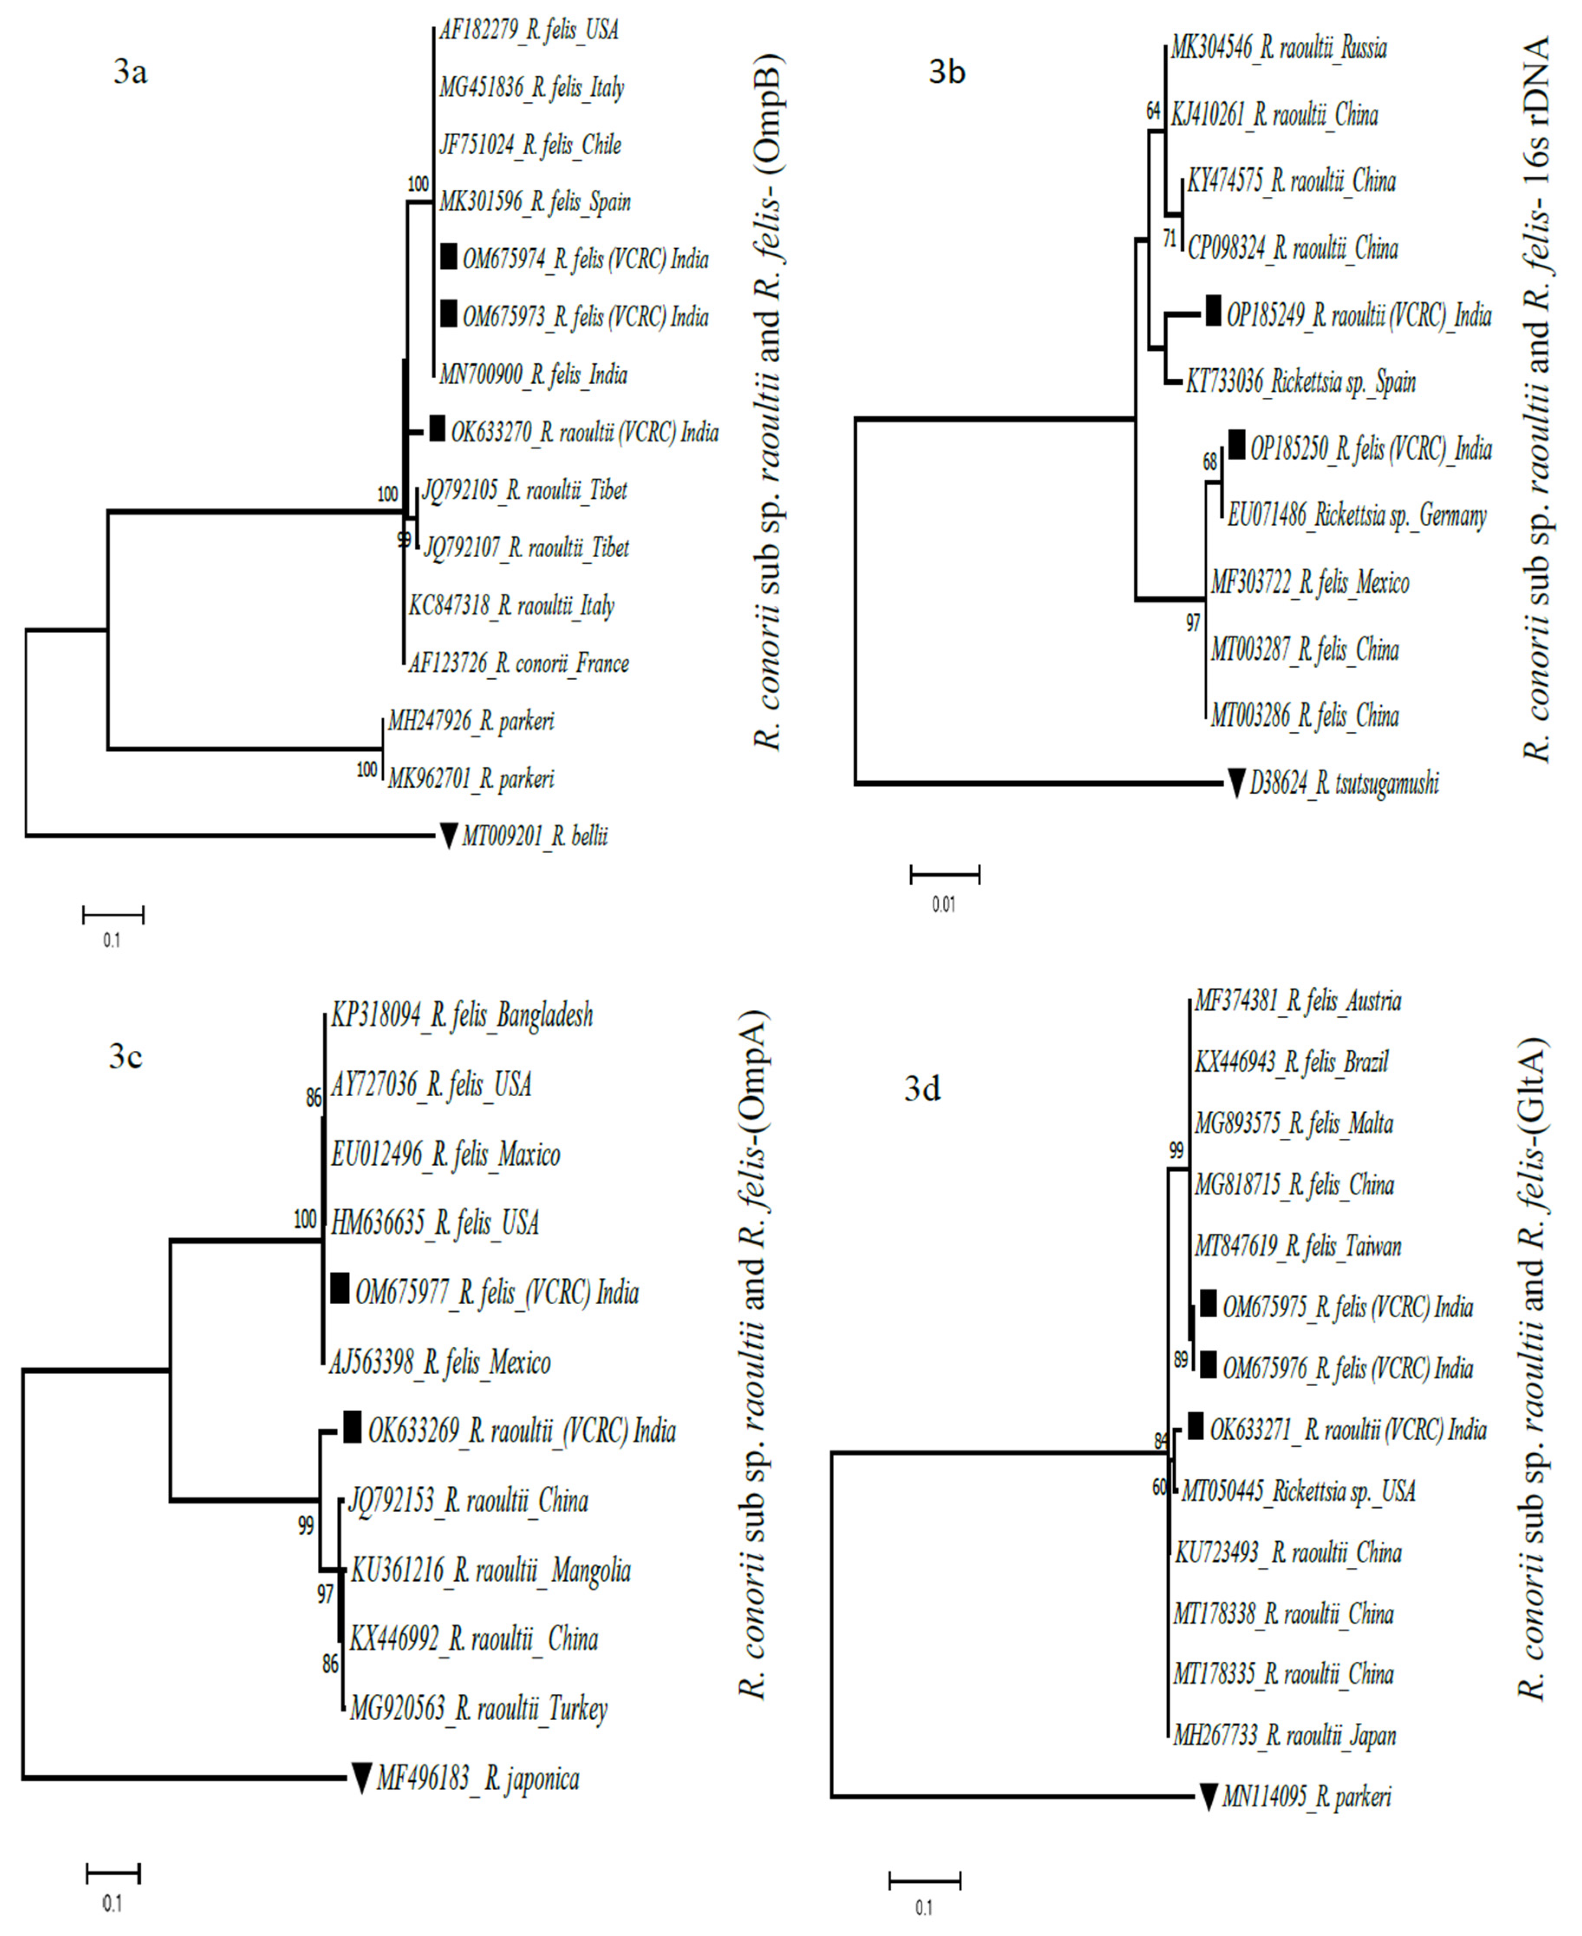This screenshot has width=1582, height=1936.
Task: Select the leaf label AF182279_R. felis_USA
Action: pyautogui.click(x=528, y=30)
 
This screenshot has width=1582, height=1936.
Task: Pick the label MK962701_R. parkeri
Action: pyautogui.click(x=470, y=779)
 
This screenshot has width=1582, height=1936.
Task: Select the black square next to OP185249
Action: pyautogui.click(x=1213, y=312)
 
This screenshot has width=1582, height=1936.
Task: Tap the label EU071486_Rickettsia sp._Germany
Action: pyautogui.click(x=1357, y=516)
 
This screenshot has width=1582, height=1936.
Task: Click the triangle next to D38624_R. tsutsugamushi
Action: pyautogui.click(x=1236, y=783)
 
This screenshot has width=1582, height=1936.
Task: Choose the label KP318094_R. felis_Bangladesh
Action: pyautogui.click(x=461, y=1015)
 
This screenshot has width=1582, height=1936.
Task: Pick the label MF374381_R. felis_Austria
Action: pyautogui.click(x=1298, y=1001)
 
